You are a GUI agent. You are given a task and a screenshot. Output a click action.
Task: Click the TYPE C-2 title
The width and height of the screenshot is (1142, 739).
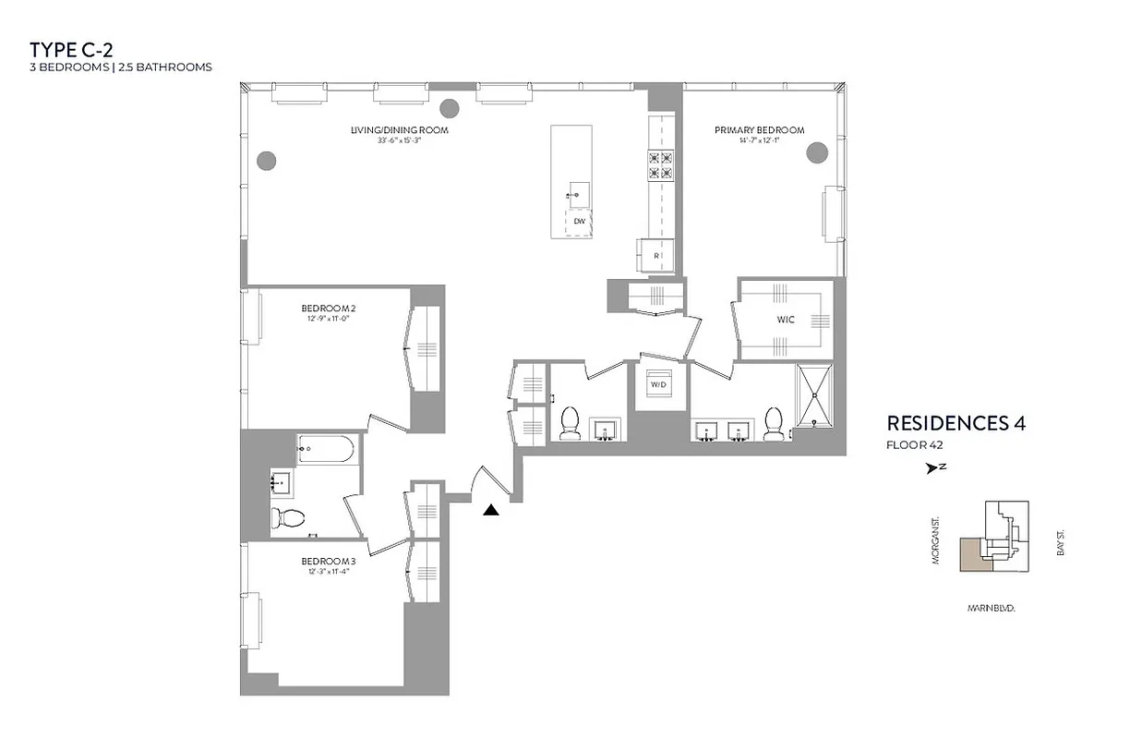pos(71,49)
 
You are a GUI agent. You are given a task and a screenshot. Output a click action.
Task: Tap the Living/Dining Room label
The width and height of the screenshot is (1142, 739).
pos(399,130)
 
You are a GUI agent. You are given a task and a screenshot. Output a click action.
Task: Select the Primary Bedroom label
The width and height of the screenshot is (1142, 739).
pos(759,130)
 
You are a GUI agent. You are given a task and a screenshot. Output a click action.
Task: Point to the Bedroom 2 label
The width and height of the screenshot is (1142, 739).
pos(329,308)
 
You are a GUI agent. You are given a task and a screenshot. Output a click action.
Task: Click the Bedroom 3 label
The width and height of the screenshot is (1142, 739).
pos(328,561)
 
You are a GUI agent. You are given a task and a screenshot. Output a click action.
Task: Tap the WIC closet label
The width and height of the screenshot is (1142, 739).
pos(787,320)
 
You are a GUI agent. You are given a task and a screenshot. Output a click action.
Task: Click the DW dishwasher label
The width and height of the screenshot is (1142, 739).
pos(579,222)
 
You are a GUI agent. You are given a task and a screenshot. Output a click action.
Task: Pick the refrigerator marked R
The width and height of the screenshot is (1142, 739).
pos(655,254)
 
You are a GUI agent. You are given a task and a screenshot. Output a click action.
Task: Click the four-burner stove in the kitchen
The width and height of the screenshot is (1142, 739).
pos(660,164)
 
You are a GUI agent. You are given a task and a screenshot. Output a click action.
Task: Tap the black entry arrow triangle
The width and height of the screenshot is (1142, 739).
pos(491,508)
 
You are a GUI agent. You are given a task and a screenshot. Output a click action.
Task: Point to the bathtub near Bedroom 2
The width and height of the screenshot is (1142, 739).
pos(325,450)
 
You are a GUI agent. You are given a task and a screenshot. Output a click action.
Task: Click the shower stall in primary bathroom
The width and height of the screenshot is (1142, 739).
pos(815,395)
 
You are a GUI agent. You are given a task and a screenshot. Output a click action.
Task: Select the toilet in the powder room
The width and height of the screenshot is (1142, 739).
pos(570,424)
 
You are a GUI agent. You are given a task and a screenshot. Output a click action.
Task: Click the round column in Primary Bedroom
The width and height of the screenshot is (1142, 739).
pos(816,152)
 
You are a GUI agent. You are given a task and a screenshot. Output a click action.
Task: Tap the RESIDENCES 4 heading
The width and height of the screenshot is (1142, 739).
pos(956,423)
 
